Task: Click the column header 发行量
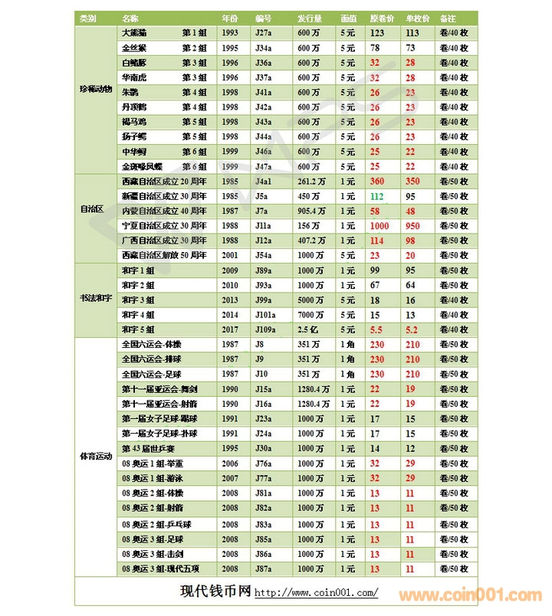click(x=310, y=18)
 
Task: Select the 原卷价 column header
click(x=382, y=18)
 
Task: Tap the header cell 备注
click(x=449, y=18)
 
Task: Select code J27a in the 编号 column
click(x=264, y=33)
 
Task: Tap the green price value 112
click(x=377, y=197)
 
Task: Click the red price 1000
click(x=379, y=226)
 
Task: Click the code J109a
click(x=268, y=329)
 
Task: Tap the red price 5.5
click(x=376, y=329)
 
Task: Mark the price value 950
click(x=413, y=226)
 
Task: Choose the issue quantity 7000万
click(x=310, y=314)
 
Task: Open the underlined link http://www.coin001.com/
click(x=315, y=593)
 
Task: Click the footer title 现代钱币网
click(x=215, y=591)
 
